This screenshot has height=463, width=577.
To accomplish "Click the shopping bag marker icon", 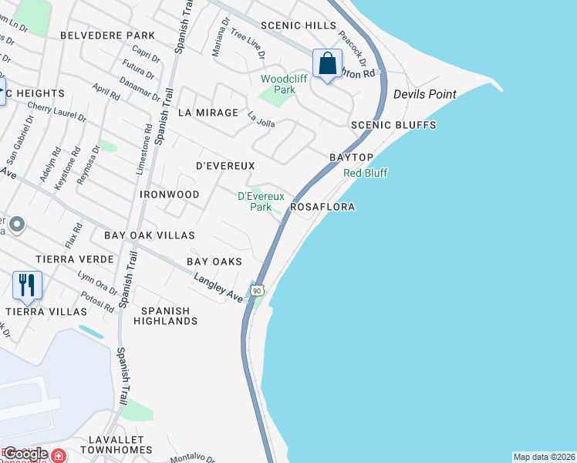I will click(x=327, y=63).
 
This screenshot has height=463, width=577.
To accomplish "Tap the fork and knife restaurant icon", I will click(x=27, y=285).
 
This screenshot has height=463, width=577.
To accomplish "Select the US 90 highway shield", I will click(x=258, y=290).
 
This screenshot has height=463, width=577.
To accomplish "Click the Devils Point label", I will click(x=424, y=94).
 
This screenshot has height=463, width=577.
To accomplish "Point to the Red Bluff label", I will click(x=365, y=173).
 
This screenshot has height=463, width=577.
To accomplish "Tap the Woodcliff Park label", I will click(x=278, y=84).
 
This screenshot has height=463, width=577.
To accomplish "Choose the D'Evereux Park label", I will click(x=255, y=201).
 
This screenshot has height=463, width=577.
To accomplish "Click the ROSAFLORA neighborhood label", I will click(x=322, y=208).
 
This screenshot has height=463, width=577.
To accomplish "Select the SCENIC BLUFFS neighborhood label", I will click(x=393, y=125).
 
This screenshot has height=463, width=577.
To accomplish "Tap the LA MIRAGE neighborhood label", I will click(x=208, y=113).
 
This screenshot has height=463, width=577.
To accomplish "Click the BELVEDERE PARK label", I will click(x=107, y=35).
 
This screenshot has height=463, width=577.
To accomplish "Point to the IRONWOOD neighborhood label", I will click(x=170, y=194).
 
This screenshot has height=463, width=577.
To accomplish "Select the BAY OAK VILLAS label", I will click(x=150, y=235).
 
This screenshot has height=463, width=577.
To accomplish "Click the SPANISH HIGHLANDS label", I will click(x=165, y=315).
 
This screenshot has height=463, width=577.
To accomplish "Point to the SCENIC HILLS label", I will click(x=299, y=25).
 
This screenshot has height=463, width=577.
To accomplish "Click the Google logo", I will click(x=25, y=454).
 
